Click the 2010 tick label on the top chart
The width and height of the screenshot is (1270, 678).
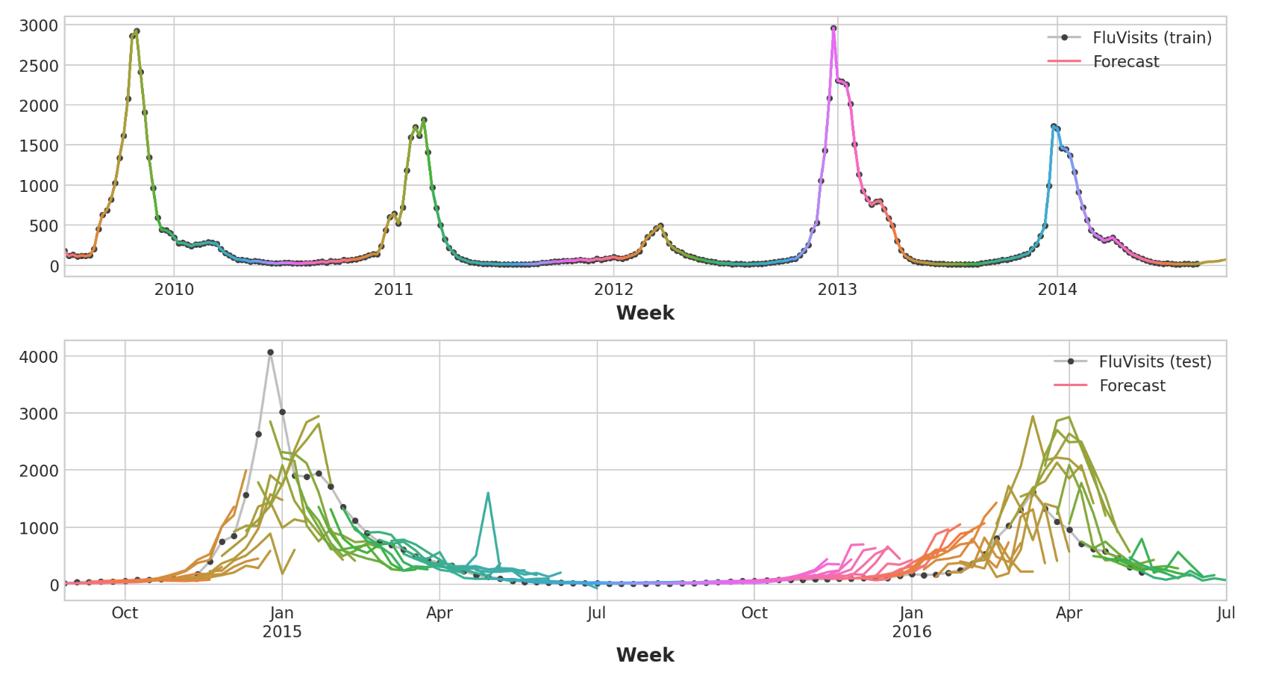174,290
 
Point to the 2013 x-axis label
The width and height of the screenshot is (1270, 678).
837,290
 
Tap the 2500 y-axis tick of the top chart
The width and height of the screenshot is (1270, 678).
38,66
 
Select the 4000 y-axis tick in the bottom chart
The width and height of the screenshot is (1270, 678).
38,357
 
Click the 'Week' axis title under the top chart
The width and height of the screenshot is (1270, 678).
645,314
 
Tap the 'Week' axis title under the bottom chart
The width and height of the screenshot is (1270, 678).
645,656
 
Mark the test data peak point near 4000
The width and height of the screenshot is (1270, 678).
270,352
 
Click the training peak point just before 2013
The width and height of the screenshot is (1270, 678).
833,28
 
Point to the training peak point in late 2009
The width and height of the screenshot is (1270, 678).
137,31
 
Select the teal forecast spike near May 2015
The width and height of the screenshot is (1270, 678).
488,493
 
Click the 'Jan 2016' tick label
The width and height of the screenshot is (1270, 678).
912,623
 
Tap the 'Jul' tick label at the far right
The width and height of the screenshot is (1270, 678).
1226,614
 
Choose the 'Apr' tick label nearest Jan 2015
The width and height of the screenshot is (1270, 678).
440,614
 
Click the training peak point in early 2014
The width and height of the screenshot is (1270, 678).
1054,127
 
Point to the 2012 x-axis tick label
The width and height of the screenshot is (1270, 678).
614,290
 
